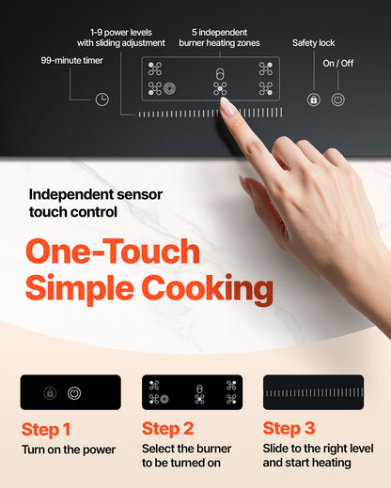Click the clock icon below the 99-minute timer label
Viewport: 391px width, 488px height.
pyautogui.click(x=102, y=99)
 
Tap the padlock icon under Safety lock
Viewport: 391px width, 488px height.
pyautogui.click(x=313, y=99)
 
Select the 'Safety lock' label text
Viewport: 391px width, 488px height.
pyautogui.click(x=313, y=43)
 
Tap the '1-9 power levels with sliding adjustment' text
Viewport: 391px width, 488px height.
pyautogui.click(x=121, y=37)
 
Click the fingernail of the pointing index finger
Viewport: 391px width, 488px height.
pyautogui.click(x=228, y=107)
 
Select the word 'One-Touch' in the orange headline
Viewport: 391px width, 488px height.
pyautogui.click(x=112, y=252)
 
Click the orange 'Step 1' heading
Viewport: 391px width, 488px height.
pyautogui.click(x=46, y=430)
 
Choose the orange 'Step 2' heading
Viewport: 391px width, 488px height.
pyautogui.click(x=167, y=430)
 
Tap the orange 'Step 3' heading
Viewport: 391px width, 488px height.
pyautogui.click(x=289, y=430)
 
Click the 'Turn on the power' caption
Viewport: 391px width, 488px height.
pyautogui.click(x=69, y=450)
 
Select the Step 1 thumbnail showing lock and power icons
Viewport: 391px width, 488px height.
pyautogui.click(x=70, y=392)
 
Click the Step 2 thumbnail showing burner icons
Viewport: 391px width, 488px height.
pyautogui.click(x=192, y=392)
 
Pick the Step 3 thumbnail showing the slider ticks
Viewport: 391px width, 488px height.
pyautogui.click(x=313, y=392)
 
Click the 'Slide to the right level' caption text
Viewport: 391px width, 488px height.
pyautogui.click(x=317, y=450)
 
